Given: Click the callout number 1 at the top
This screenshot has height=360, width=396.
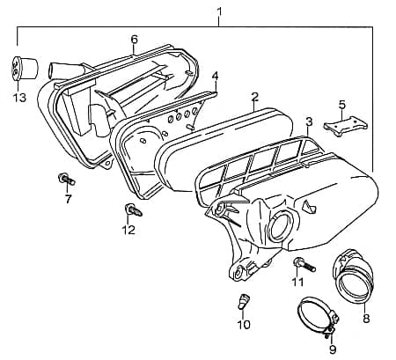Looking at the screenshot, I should pyautogui.click(x=219, y=11).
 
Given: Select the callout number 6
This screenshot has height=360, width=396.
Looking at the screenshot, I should pyautogui.click(x=135, y=40).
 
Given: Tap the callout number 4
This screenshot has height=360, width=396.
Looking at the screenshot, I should pyautogui.click(x=215, y=76).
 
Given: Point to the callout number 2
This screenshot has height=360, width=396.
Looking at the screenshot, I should pyautogui.click(x=254, y=97).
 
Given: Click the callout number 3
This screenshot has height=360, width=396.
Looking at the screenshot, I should pyautogui.click(x=309, y=121).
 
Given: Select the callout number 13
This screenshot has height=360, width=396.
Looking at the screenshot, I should pyautogui.click(x=19, y=97).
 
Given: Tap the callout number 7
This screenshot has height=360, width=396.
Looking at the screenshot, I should pyautogui.click(x=68, y=199).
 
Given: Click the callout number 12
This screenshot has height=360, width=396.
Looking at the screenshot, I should pyautogui.click(x=128, y=231).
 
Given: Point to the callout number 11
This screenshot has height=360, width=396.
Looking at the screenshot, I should pyautogui.click(x=297, y=282).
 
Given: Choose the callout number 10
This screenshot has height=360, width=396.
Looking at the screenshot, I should pyautogui.click(x=245, y=325).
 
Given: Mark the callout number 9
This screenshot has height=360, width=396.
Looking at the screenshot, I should pyautogui.click(x=333, y=349).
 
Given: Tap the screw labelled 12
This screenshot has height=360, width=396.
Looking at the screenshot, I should pyautogui.click(x=129, y=210).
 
